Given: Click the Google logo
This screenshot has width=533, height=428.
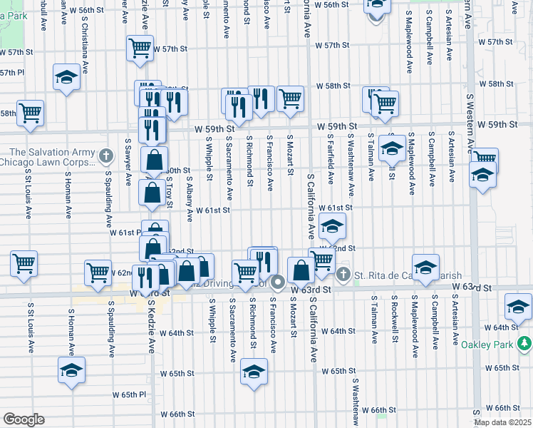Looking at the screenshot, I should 23,419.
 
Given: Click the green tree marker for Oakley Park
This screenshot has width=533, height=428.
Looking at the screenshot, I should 524,345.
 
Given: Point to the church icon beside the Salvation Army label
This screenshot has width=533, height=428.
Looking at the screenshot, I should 106,155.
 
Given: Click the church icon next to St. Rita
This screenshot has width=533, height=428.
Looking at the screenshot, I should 343,275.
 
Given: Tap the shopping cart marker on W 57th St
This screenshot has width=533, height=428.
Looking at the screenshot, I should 140,49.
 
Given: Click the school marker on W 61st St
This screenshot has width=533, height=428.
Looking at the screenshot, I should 331,227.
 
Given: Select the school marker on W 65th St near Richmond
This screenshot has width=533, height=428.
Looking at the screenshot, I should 254,372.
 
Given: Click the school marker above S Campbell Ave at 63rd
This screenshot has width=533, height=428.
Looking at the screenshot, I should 425,267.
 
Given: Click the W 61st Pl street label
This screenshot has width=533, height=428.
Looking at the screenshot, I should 125,233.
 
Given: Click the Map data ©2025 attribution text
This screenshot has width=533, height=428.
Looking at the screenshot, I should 502,422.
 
